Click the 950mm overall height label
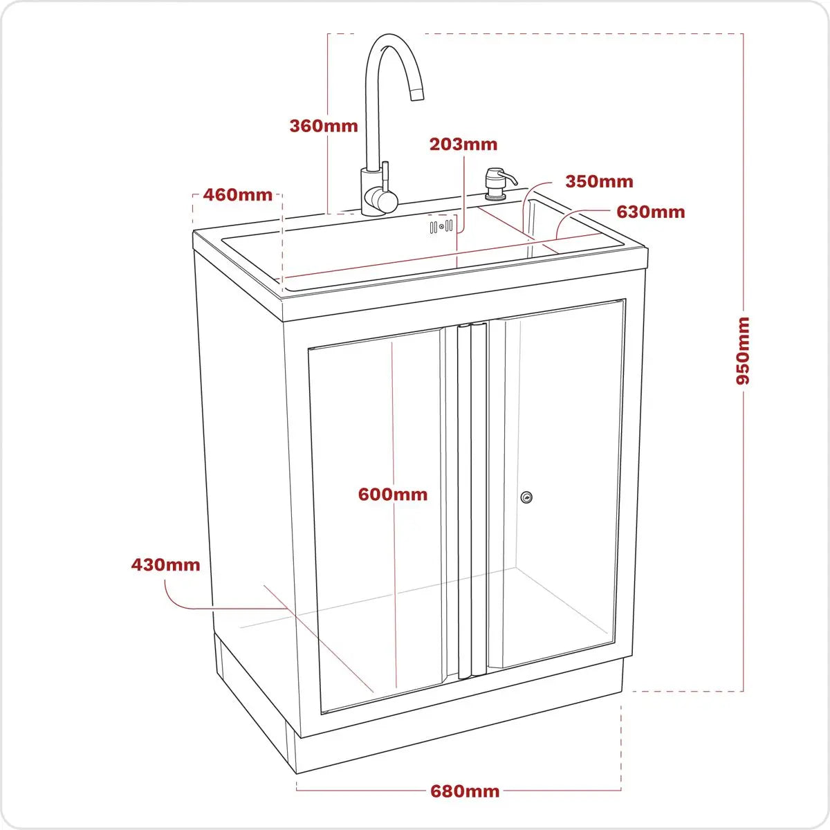point(743,351)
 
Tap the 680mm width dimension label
point(465,791)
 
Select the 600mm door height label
point(392,495)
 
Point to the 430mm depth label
point(165,565)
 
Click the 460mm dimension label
point(237,195)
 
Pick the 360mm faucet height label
point(324,126)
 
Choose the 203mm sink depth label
point(463,145)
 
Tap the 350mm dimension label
point(599,182)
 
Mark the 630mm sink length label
point(650,212)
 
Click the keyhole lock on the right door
point(527,497)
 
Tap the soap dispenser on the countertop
point(497,183)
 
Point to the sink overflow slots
point(441,226)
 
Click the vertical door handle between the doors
point(472,498)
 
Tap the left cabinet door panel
point(377,519)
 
